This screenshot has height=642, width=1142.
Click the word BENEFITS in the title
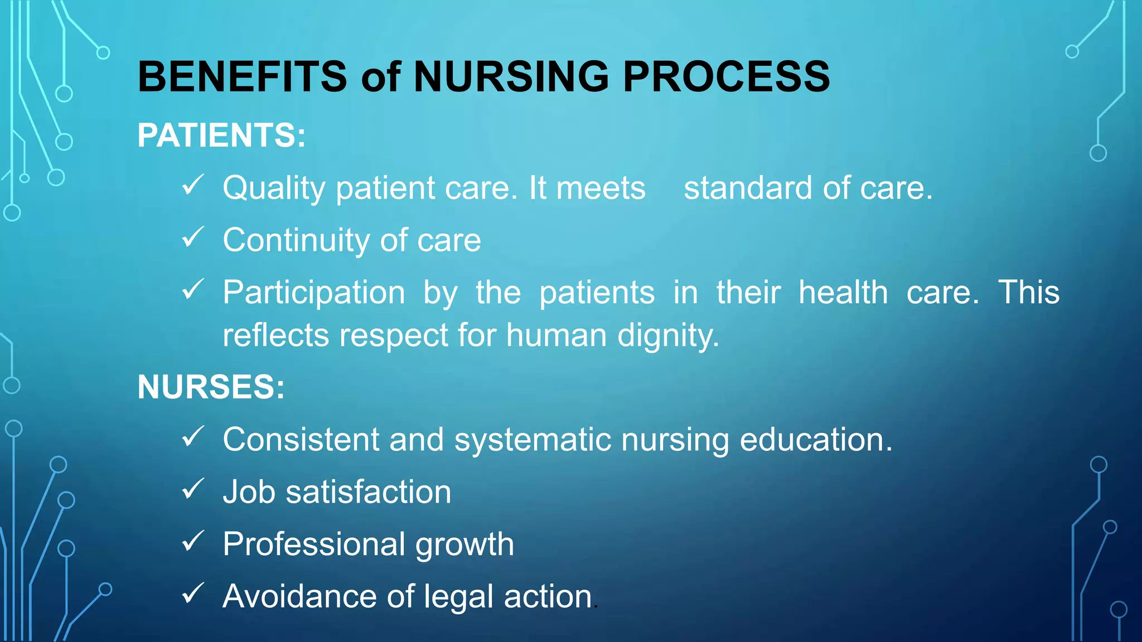pos(243,76)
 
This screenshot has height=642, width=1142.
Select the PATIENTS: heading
pos(221,135)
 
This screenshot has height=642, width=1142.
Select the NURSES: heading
pos(211,387)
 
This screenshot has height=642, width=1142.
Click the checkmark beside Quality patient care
pos(193,185)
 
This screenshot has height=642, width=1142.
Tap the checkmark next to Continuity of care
pos(193,237)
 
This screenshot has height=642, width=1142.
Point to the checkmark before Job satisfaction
pos(193,489)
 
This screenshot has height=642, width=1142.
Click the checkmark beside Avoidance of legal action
pos(193,594)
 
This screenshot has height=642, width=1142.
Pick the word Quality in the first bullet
pos(274,188)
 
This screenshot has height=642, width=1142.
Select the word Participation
pos(314,293)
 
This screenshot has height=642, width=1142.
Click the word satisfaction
pos(368,492)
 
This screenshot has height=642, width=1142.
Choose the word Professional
pos(314,544)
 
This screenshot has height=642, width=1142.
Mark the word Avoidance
pos(299,596)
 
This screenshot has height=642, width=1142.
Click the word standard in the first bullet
pos(748,188)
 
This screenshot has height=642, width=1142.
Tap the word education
pos(816,440)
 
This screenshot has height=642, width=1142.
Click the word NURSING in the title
pos(511,76)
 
